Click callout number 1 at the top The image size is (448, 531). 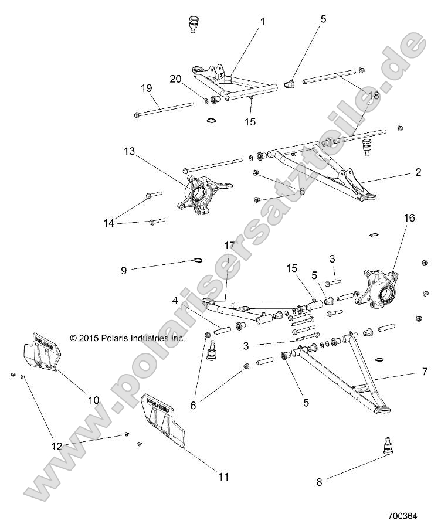(x=262, y=22)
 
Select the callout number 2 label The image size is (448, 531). (x=418, y=172)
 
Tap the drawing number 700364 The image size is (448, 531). (x=402, y=516)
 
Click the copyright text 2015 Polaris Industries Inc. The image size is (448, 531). (x=127, y=338)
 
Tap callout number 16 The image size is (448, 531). (x=409, y=217)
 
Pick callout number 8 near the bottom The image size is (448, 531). (x=320, y=482)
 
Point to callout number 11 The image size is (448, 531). (x=223, y=476)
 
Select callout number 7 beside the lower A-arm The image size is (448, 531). (x=424, y=372)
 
